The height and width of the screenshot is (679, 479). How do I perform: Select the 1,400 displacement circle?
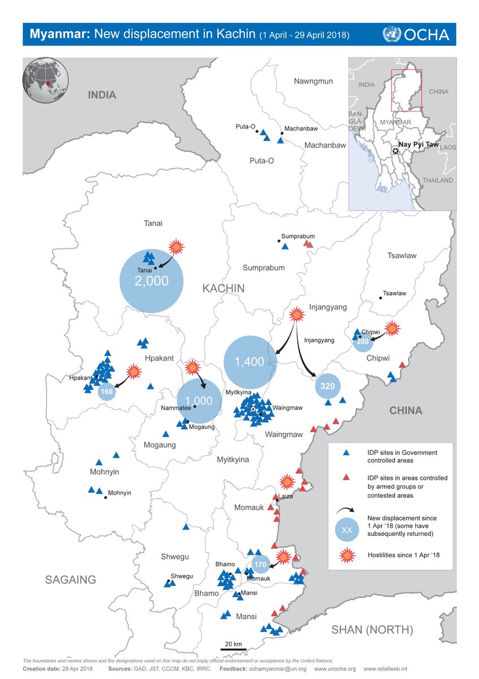(250, 362)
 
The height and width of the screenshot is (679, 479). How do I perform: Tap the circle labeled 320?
(328, 386)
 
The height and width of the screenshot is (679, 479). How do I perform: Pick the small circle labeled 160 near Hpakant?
(106, 392)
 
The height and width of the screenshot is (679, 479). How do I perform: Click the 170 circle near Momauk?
(259, 564)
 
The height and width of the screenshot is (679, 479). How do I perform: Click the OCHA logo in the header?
(416, 34)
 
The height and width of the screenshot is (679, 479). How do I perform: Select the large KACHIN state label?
(224, 289)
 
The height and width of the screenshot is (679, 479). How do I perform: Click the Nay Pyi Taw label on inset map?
(418, 145)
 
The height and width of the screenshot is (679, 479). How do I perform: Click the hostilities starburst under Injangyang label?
(297, 316)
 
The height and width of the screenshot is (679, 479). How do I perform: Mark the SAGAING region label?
(71, 579)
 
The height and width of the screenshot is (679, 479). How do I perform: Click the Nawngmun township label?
(313, 81)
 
